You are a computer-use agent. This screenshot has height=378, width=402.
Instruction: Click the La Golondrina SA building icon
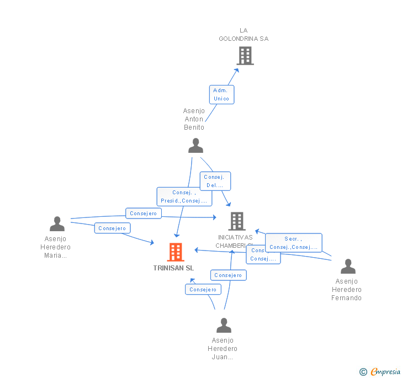[x=245, y=56]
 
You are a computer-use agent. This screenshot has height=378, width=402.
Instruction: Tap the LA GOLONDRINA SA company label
[x=244, y=34]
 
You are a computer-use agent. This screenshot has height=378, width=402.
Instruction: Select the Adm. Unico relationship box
[x=221, y=94]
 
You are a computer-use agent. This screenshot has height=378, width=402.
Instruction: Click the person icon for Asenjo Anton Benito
[x=195, y=146]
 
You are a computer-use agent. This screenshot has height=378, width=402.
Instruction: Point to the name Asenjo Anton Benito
[x=194, y=119]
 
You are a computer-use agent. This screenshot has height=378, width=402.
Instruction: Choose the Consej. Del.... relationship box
[x=215, y=181]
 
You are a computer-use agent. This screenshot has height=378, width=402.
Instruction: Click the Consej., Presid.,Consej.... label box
[x=184, y=196]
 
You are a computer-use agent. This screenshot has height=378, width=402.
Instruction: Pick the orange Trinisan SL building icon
[x=176, y=252]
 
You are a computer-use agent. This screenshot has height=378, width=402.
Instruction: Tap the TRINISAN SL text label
[x=173, y=268]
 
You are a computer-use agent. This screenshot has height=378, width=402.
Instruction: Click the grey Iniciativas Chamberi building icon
[x=237, y=221]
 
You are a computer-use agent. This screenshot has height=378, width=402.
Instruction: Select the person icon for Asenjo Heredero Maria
[x=57, y=223]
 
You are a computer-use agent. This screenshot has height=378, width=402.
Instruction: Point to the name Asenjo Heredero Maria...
[x=55, y=247]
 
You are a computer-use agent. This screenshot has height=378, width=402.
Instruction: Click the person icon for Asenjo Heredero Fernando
[x=348, y=267]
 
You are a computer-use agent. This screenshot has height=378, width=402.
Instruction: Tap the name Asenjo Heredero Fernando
[x=346, y=290]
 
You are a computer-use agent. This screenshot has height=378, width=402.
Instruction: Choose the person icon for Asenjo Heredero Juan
[x=224, y=325]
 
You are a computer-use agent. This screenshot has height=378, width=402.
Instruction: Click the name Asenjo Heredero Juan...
[x=223, y=349]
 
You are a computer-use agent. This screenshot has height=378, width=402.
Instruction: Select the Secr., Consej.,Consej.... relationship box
[x=293, y=243]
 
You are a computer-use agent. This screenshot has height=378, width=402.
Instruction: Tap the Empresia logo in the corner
[x=384, y=371]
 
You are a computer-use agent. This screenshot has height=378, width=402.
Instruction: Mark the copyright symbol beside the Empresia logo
[x=363, y=372]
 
